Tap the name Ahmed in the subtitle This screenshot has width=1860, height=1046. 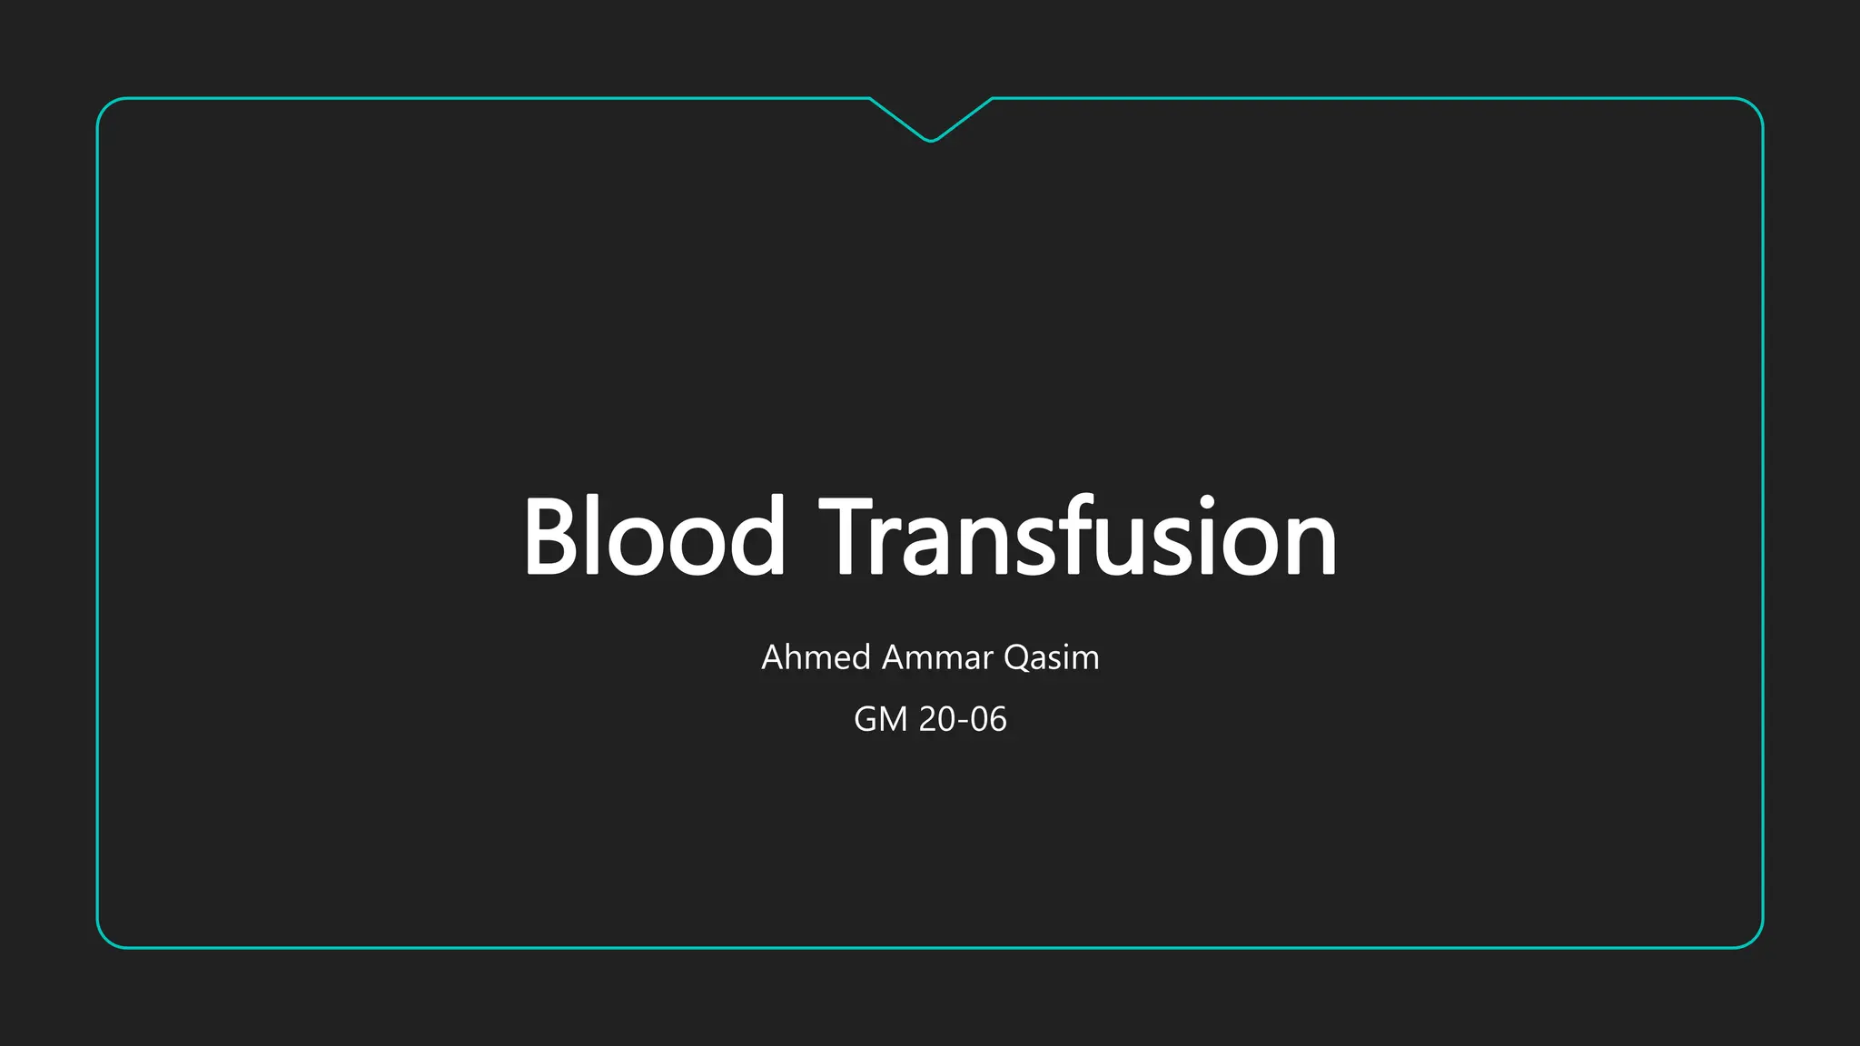(816, 657)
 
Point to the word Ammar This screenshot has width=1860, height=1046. (937, 657)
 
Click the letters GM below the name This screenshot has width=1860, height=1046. (880, 719)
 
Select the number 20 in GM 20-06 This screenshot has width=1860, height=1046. (937, 719)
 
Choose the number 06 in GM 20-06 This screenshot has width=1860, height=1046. (988, 719)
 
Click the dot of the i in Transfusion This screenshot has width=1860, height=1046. (1207, 502)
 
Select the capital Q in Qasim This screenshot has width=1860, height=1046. (1016, 657)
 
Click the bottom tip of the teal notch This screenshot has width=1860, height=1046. (931, 141)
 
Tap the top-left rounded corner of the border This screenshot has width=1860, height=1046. (105, 106)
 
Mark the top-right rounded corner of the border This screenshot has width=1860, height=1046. (1755, 106)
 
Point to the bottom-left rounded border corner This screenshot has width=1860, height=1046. (105, 940)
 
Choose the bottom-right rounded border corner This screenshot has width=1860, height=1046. (1755, 940)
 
